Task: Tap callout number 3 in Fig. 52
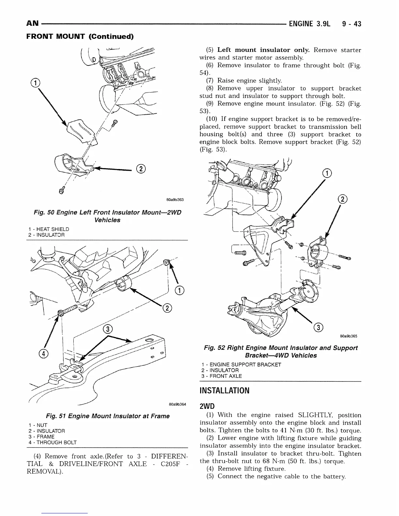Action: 319,328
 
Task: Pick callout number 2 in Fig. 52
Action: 343,199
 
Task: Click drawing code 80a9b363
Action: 175,199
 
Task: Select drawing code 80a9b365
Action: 348,337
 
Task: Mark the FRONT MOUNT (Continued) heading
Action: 80,36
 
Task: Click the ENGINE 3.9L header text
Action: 309,23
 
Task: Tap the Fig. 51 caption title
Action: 108,416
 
